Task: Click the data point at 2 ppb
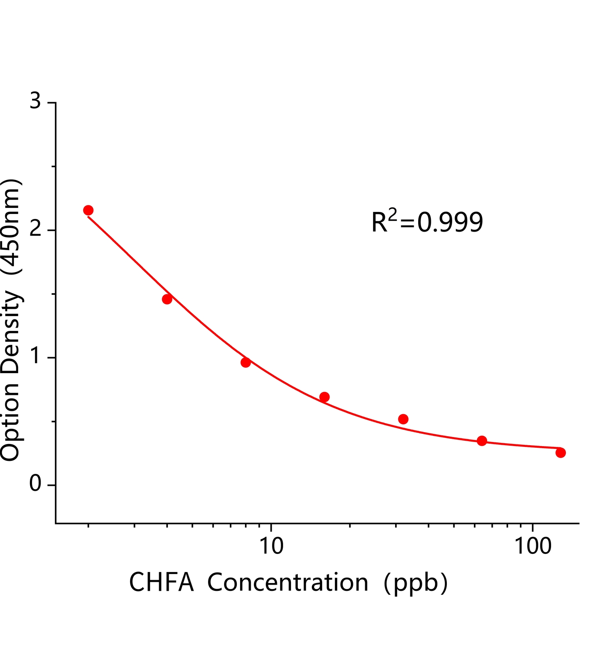(88, 210)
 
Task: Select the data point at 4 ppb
(167, 299)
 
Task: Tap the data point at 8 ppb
(246, 362)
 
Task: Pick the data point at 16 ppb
(325, 397)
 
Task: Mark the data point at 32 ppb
(403, 419)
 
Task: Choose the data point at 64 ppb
(482, 441)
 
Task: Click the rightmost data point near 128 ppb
(561, 453)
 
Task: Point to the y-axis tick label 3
(36, 101)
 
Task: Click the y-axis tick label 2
(36, 230)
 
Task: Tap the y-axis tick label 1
(36, 357)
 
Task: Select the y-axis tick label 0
(36, 484)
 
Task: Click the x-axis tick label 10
(271, 546)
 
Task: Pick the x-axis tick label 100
(533, 546)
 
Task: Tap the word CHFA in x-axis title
(161, 583)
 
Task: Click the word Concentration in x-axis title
(288, 583)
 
